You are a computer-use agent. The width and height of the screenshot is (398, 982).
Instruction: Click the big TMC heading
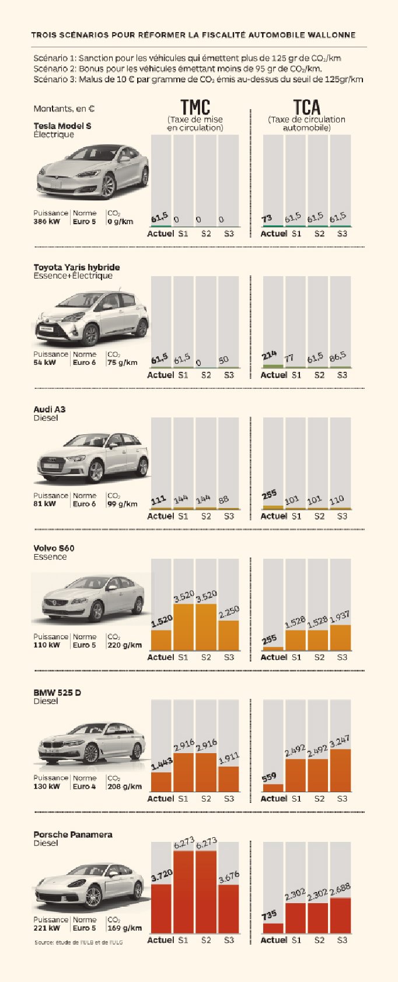click(x=195, y=107)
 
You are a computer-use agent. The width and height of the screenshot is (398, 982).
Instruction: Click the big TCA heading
click(x=307, y=107)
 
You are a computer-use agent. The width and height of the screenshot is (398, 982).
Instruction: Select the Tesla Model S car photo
click(x=92, y=172)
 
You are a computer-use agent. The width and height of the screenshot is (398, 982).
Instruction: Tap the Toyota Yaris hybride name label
click(x=76, y=267)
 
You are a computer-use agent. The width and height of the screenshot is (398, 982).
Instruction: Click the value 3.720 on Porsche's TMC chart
click(x=162, y=876)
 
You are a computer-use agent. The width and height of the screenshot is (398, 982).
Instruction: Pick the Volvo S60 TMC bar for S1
click(x=183, y=627)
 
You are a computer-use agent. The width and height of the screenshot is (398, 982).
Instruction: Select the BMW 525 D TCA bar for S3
click(x=340, y=770)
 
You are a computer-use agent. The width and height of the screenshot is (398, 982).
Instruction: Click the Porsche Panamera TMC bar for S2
click(x=206, y=892)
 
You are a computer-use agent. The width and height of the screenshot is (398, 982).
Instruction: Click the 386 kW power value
click(x=47, y=222)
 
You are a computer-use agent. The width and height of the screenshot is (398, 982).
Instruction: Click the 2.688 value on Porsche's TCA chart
click(x=340, y=890)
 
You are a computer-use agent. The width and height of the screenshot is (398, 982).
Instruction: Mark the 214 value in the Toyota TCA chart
click(x=270, y=356)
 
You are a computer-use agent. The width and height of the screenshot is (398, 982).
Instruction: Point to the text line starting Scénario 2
click(x=177, y=69)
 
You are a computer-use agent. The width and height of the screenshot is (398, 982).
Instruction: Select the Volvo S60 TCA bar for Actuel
click(x=273, y=648)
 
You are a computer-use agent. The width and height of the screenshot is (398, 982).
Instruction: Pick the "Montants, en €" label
click(x=64, y=109)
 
